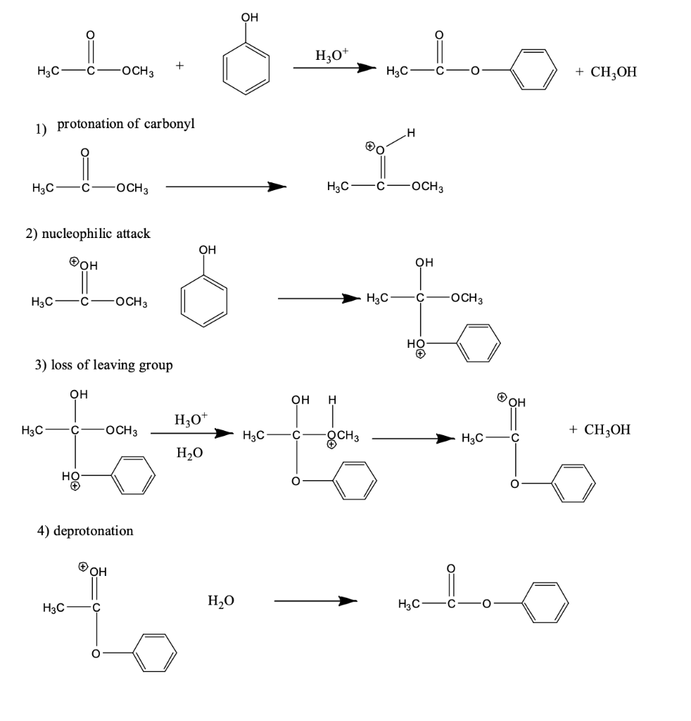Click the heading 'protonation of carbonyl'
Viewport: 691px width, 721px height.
[126, 125]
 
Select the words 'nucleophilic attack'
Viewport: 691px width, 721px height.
[96, 234]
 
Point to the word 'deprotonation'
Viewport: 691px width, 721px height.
[94, 531]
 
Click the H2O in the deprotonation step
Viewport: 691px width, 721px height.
[221, 601]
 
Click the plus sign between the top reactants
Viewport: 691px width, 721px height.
[181, 67]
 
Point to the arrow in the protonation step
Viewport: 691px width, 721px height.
[226, 187]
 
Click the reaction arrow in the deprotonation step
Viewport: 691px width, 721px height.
[316, 601]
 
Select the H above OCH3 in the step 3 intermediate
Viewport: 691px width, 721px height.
[333, 402]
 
